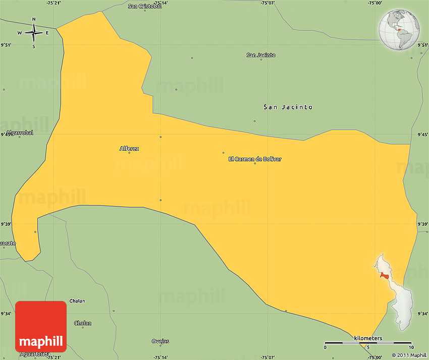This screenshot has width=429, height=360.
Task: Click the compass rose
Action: point(34,33)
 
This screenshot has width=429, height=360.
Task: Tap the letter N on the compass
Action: point(34,20)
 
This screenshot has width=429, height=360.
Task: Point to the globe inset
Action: point(400,31)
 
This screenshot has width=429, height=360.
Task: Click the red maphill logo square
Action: point(41,326)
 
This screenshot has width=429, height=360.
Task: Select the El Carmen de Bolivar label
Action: point(255,159)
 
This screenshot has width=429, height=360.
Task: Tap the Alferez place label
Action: point(129,148)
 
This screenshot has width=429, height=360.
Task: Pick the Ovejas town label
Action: point(160,341)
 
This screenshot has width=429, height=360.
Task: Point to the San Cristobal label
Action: point(144,6)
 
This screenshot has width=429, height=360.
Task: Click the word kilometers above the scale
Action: point(368,338)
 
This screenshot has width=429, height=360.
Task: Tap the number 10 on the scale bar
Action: point(411,347)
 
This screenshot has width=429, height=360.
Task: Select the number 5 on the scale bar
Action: point(368,347)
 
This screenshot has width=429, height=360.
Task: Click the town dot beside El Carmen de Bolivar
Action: point(255,164)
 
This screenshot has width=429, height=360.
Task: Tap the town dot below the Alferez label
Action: point(129,153)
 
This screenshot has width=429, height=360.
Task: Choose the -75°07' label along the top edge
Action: point(267,3)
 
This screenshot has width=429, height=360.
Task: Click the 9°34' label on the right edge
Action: point(423,314)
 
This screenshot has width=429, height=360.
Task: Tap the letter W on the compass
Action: point(20,33)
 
